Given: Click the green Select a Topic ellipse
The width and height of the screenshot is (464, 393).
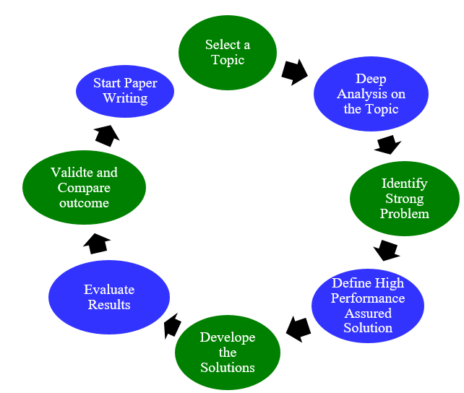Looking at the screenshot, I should click(x=228, y=52).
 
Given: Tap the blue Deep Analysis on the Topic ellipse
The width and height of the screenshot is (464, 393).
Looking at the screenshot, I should click(x=370, y=94).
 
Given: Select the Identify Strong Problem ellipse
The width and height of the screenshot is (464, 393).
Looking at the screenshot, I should click(x=404, y=199).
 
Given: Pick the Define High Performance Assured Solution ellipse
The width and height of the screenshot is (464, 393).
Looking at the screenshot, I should click(x=368, y=305).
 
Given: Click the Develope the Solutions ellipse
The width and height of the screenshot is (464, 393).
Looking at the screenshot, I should click(x=228, y=353).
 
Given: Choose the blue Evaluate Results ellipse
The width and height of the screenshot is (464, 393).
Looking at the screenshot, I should click(x=109, y=297).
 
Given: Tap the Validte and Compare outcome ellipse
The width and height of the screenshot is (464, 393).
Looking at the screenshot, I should click(x=84, y=187).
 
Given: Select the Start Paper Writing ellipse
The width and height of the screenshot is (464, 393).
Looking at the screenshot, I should click(x=126, y=91).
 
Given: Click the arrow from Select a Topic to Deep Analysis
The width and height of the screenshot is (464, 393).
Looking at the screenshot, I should click(x=294, y=72).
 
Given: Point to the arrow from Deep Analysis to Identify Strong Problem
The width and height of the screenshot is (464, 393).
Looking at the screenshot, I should click(x=387, y=144).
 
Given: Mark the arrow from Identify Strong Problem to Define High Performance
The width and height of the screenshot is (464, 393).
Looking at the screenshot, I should click(x=387, y=251).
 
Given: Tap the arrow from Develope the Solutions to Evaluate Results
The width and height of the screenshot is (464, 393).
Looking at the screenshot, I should click(x=171, y=325).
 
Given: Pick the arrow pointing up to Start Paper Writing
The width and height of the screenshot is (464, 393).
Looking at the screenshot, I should click(x=107, y=134).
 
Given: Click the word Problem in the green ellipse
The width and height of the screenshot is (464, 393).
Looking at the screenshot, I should click(x=405, y=213).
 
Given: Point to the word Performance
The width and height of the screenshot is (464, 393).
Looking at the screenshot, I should click(x=368, y=298).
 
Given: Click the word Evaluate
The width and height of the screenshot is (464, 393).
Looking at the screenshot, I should click(x=109, y=290).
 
